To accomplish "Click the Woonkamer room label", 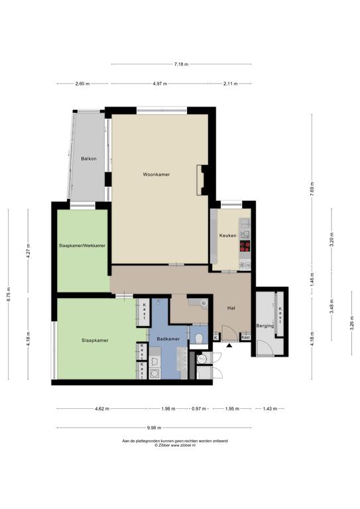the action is (156, 174).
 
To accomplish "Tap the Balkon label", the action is (89, 159).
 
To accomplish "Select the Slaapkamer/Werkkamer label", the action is (82, 246).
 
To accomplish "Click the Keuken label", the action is (228, 235).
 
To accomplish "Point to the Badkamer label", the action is (168, 339).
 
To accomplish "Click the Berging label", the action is (265, 325).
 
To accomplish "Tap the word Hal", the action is (231, 308).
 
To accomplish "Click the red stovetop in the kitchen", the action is (245, 247).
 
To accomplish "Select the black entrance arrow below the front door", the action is (229, 345).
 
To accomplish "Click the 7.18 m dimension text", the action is (181, 64).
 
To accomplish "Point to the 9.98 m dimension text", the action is (154, 428).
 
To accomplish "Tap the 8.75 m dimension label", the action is (9, 294).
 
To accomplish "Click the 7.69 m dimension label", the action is (312, 189).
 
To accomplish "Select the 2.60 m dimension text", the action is (82, 84).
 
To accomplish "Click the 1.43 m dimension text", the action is (270, 409).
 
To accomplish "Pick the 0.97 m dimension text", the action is (199, 409).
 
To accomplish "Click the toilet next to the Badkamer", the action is (200, 339).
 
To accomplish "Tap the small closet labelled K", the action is (216, 337).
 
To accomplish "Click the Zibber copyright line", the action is (175, 445).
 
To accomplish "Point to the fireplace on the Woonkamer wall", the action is (202, 180).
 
